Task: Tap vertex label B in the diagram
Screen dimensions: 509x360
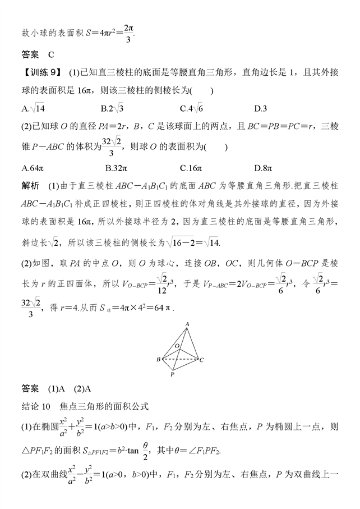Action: [x=159, y=359]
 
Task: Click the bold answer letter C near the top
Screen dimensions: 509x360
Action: [x=50, y=54]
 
